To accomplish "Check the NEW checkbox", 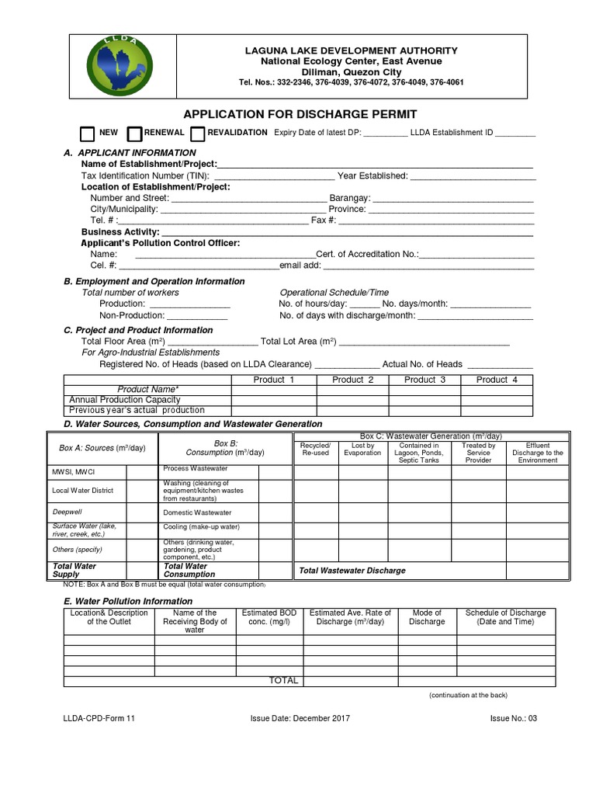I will point(88,134).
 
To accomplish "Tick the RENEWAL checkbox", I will point(134,134).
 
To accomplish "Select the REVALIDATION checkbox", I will point(197,134).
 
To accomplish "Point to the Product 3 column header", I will point(424,380).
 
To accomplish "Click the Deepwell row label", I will point(66,512).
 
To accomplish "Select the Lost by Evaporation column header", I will point(362,450).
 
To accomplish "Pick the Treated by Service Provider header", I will point(478,453).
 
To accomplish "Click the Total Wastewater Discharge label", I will point(352,571).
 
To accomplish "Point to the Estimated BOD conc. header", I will point(269,617).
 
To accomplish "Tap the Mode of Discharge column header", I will point(427,617).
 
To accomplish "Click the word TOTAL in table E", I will point(283,681).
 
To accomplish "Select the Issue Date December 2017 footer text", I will point(300,718).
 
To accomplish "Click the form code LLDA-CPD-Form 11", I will point(99,718).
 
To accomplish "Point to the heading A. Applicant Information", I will point(130,153).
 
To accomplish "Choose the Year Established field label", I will point(372,176).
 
